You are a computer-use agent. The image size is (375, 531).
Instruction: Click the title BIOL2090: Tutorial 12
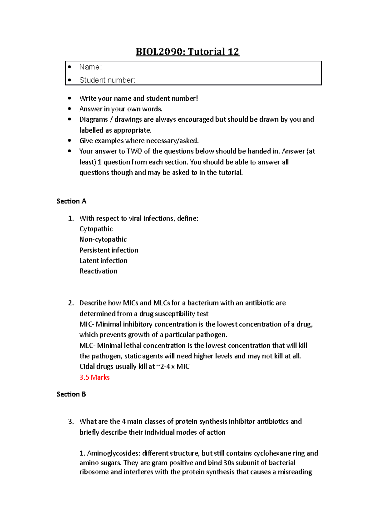(187, 52)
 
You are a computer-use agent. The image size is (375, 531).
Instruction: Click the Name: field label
(90, 67)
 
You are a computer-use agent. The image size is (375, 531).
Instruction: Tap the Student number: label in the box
(107, 80)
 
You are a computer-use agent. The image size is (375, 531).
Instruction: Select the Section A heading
(71, 201)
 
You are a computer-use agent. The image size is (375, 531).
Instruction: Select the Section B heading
(71, 394)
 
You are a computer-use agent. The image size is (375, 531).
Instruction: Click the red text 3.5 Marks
(94, 377)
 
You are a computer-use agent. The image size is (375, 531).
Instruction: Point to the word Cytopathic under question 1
(96, 229)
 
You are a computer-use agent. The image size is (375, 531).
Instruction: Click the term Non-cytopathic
(103, 240)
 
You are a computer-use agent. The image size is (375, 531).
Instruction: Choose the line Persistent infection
(108, 250)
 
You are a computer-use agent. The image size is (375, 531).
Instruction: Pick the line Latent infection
(103, 261)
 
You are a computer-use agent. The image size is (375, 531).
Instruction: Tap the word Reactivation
(98, 271)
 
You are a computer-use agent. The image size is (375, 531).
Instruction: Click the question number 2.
(71, 303)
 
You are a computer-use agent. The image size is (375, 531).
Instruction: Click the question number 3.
(71, 422)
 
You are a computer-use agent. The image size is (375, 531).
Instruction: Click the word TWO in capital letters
(134, 151)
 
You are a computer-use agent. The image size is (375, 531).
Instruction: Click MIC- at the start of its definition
(87, 324)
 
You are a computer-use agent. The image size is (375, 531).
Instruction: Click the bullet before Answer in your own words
(69, 109)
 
